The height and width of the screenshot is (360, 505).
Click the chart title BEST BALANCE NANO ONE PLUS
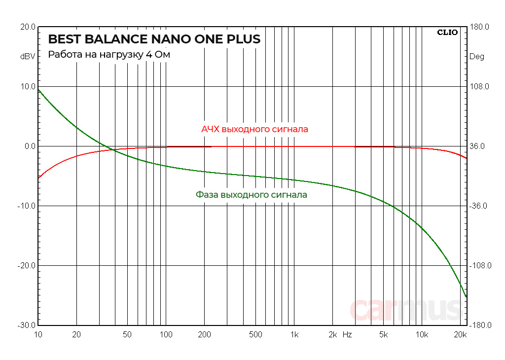(x=154, y=39)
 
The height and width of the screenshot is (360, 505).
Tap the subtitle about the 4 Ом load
(x=109, y=55)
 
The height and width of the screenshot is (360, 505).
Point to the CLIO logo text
(x=447, y=33)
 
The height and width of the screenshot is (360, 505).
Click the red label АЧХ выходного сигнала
(x=254, y=129)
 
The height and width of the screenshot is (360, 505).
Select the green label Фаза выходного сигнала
(x=251, y=195)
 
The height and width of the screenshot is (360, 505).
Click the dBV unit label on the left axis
(x=28, y=57)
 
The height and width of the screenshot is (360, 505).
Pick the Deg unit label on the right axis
(x=477, y=57)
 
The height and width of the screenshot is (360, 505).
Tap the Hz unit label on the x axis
(x=347, y=335)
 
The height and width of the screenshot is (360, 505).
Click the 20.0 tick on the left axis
(x=27, y=27)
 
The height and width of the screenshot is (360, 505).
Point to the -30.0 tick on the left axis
(x=26, y=325)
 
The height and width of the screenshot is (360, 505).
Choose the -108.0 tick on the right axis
(x=478, y=266)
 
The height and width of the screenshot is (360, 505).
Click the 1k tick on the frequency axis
(x=294, y=335)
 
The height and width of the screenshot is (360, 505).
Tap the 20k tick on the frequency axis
(x=460, y=335)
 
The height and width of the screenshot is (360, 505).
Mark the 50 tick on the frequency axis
(x=127, y=335)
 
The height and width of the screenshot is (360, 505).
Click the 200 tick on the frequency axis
(x=204, y=335)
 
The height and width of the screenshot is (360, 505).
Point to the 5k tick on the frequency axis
(x=383, y=335)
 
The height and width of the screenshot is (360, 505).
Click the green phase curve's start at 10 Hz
(x=38, y=89)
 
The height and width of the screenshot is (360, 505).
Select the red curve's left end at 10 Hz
(x=38, y=178)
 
